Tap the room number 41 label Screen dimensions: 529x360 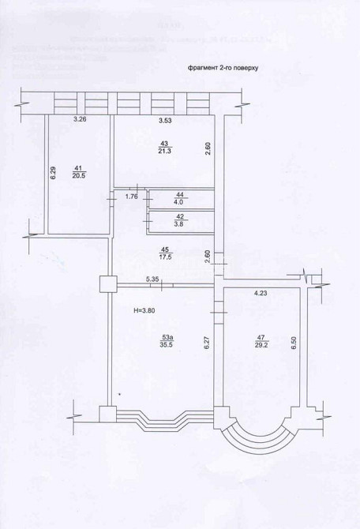[x=78, y=168]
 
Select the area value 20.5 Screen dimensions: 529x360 [x=78, y=176]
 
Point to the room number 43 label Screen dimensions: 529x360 [x=165, y=142]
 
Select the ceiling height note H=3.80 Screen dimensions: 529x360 [x=144, y=310]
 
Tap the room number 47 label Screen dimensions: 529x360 [x=260, y=338]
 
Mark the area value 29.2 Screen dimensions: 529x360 [x=260, y=346]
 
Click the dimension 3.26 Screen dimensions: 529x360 [x=79, y=120]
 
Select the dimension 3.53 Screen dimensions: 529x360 [x=164, y=120]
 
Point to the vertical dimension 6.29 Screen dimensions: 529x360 [x=53, y=174]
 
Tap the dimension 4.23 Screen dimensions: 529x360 [x=261, y=294]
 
